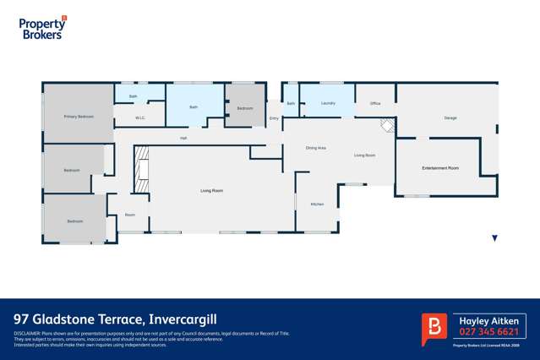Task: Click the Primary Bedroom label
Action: point(79,116)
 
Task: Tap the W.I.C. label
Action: point(141,117)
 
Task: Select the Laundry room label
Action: point(329,103)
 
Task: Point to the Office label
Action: point(375,103)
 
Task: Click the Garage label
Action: point(450,117)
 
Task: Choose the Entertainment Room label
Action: point(440,168)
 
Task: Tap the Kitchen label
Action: point(317,205)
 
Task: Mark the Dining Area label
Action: point(316,148)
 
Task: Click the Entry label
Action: point(274,118)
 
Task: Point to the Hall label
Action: point(183,138)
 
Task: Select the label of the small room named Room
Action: point(130,215)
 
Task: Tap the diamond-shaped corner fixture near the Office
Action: point(388,125)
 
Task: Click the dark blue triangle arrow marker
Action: point(495,238)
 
